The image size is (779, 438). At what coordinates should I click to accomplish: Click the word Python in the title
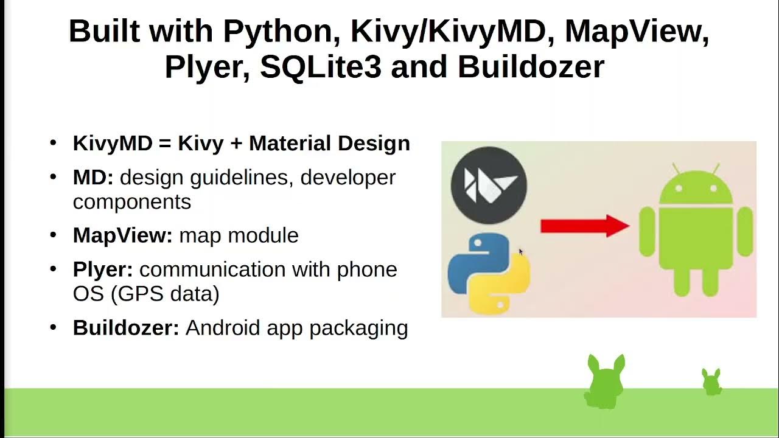click(281, 31)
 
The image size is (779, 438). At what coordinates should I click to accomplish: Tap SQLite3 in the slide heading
click(320, 66)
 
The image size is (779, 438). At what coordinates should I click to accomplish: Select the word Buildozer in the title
click(531, 66)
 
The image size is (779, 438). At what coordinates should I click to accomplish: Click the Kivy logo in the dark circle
click(489, 185)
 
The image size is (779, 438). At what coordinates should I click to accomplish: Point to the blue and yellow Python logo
click(489, 273)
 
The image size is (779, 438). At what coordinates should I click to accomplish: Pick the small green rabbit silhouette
click(711, 381)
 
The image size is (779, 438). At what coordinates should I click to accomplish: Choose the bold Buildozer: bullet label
click(126, 328)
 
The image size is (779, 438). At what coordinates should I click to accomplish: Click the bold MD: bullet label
click(93, 178)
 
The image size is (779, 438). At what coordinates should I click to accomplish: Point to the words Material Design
click(329, 144)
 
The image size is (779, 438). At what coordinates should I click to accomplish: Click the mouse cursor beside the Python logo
click(521, 252)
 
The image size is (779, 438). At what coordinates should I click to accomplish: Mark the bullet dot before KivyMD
click(53, 143)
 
